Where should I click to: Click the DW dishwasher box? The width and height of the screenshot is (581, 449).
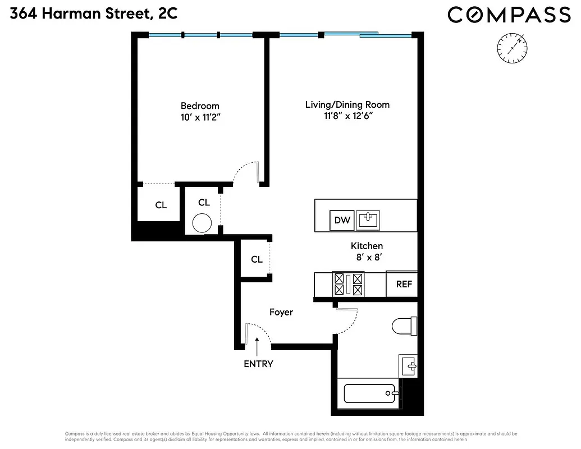point(342,221)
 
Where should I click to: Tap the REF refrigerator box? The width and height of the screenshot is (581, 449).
point(404,284)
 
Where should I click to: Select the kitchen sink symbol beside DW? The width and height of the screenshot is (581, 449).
point(369,219)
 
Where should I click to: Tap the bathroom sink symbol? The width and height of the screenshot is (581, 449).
point(409,366)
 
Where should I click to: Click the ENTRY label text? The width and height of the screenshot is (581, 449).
point(258,364)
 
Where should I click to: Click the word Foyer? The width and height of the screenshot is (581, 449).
point(281,312)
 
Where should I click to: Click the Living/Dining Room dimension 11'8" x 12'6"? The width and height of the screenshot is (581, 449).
point(347,116)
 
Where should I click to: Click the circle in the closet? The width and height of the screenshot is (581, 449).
point(202,223)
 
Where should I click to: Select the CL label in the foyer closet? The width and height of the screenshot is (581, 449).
point(257,259)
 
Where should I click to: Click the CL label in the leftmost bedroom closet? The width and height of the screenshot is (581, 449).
point(161,205)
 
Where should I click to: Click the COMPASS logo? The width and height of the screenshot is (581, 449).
point(509,15)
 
